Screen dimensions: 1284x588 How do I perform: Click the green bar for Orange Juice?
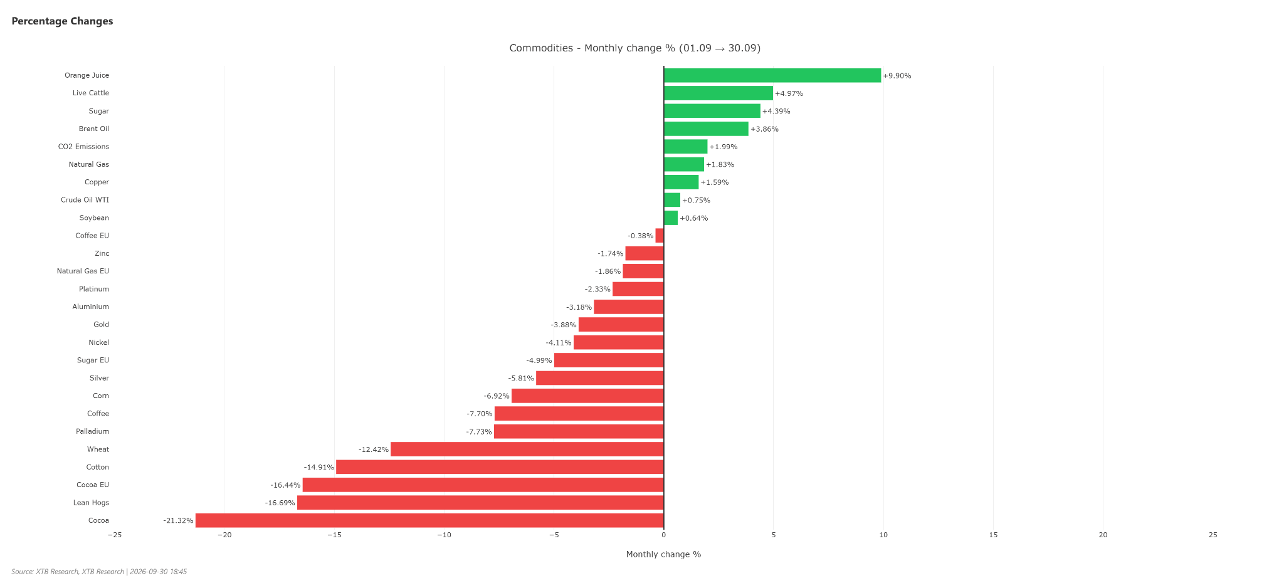click(x=772, y=75)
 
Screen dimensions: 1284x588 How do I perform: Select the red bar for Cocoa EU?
click(x=483, y=485)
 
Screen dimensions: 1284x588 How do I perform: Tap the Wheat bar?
click(x=527, y=449)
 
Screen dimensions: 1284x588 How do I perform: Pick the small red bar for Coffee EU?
click(x=660, y=236)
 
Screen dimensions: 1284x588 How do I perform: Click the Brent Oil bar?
click(x=706, y=129)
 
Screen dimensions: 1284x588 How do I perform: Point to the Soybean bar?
click(x=671, y=218)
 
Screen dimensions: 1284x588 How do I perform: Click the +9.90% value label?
click(x=897, y=76)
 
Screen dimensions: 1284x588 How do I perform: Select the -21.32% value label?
click(x=178, y=521)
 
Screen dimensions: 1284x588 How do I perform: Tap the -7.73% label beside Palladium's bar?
click(x=479, y=432)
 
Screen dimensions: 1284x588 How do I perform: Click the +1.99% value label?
click(x=724, y=147)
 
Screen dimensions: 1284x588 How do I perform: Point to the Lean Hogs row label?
click(x=91, y=503)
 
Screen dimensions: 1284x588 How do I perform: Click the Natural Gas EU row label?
click(x=83, y=271)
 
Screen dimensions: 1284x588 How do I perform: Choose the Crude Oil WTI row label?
click(x=85, y=200)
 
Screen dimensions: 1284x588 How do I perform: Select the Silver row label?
click(x=99, y=378)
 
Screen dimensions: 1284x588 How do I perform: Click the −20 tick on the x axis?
click(x=224, y=535)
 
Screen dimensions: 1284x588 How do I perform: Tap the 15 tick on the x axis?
click(x=993, y=535)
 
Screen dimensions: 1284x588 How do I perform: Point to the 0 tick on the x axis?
click(x=663, y=535)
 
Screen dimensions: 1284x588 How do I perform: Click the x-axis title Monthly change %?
click(x=663, y=554)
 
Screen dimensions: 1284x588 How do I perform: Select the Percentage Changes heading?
click(x=62, y=21)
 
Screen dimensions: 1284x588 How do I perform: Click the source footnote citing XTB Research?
click(x=99, y=572)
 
